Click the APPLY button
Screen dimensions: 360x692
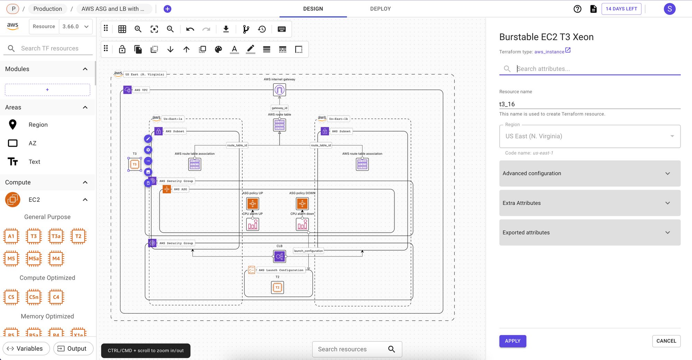(512, 341)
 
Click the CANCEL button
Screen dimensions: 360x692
(666, 341)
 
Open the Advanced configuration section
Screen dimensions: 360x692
(590, 173)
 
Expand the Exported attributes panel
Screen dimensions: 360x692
(590, 233)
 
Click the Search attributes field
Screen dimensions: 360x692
(595, 69)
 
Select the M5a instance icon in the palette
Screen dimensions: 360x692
(34, 259)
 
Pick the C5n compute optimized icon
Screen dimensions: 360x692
(34, 297)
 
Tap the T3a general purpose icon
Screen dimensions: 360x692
(56, 236)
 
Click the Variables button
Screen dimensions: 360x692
(26, 349)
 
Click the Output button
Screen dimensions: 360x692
(73, 349)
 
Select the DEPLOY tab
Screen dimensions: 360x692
(380, 9)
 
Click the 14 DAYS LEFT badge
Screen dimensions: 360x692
(621, 9)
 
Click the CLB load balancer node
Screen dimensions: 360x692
(279, 256)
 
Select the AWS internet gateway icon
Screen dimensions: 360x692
(280, 90)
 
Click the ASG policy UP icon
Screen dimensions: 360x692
(253, 204)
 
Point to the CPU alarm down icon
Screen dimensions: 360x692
(302, 225)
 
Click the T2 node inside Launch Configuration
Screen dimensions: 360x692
(277, 287)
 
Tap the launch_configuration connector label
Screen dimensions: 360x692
(308, 251)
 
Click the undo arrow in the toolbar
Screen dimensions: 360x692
(190, 29)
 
